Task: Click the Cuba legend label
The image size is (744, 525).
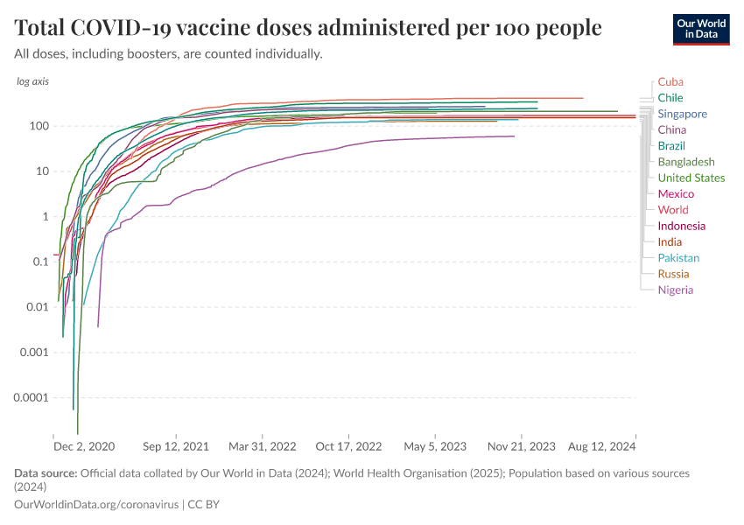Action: [x=670, y=81]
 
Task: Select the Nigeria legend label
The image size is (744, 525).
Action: [x=675, y=290]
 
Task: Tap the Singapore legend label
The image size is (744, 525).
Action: [x=682, y=114]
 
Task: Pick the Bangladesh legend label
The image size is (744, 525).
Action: [x=685, y=162]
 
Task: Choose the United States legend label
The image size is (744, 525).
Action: [x=691, y=178]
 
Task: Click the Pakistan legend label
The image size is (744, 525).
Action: [x=678, y=257]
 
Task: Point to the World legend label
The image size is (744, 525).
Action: [x=673, y=209]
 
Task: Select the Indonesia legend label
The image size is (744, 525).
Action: [x=681, y=226]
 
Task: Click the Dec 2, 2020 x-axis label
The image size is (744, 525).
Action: [x=83, y=446]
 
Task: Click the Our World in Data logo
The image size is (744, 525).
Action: [x=700, y=30]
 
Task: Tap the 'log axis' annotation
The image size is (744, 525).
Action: [x=32, y=81]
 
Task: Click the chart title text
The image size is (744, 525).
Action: [x=308, y=28]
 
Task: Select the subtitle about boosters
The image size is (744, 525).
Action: [x=169, y=54]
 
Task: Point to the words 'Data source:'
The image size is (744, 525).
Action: [x=46, y=473]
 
